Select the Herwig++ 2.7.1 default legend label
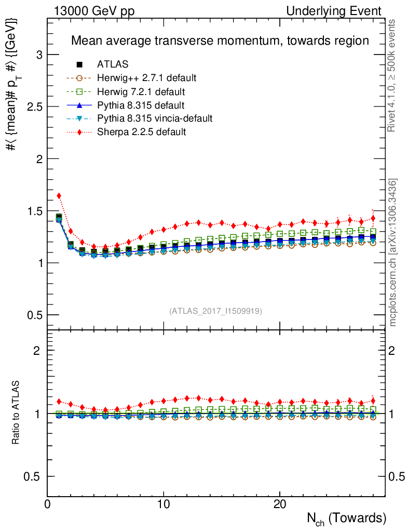(x=146, y=78)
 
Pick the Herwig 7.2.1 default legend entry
(x=141, y=91)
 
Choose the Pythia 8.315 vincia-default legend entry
(x=155, y=118)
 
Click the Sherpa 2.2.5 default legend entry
(x=141, y=132)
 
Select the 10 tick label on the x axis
(x=164, y=504)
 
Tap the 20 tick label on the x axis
(x=280, y=504)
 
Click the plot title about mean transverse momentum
(x=220, y=41)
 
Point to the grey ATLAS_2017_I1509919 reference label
(x=215, y=311)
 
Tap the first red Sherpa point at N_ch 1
(x=59, y=196)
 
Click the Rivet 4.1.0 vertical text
(x=393, y=75)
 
